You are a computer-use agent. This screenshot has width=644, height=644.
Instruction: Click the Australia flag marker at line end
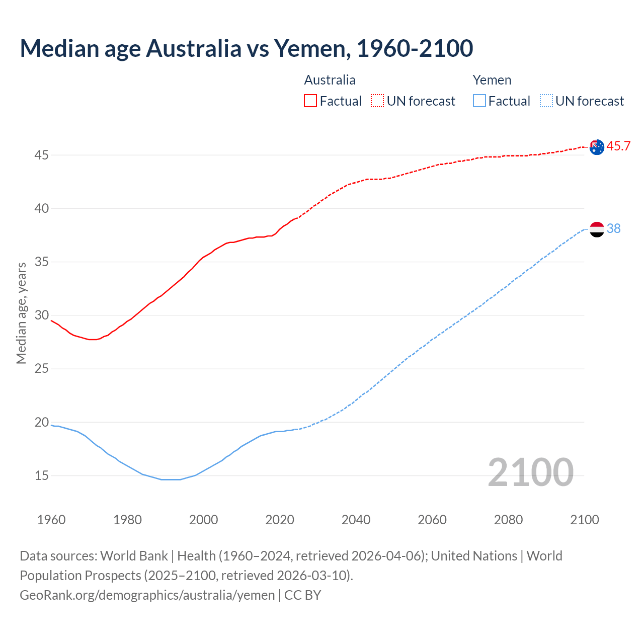tap(597, 147)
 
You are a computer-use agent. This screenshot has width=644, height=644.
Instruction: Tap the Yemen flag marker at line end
tap(597, 229)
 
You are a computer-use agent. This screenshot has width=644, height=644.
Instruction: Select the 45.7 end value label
tap(618, 146)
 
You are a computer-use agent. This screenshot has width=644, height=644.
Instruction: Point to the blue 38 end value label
tap(614, 229)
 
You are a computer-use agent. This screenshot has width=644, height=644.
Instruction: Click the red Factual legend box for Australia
tap(310, 101)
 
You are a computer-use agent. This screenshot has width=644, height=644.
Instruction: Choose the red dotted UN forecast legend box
tap(377, 101)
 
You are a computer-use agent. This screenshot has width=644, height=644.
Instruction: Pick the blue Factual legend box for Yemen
tap(479, 101)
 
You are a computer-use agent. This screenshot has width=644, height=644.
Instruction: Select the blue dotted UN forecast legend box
tap(546, 101)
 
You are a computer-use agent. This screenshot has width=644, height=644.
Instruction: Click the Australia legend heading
tap(330, 80)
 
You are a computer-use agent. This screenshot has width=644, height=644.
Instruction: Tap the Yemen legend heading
tap(492, 80)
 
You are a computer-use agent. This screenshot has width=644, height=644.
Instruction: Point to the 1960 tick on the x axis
tap(51, 520)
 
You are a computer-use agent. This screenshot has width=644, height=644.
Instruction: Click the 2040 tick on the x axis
tap(356, 520)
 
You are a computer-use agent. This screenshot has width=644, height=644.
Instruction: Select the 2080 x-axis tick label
tap(508, 520)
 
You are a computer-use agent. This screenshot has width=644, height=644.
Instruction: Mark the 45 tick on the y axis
tap(41, 155)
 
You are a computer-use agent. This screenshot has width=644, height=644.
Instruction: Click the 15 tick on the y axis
tap(41, 475)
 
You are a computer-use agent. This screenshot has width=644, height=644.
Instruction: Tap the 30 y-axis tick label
tap(41, 315)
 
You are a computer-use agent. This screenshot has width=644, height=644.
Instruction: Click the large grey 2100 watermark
tap(530, 472)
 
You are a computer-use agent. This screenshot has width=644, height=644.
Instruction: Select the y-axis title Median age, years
tap(21, 313)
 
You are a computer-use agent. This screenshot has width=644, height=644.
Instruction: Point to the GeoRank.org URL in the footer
tap(147, 595)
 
